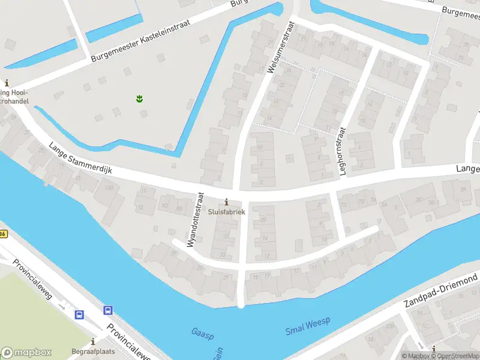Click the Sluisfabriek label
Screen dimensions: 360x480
click(x=226, y=212)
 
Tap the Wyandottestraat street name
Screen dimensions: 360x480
click(x=196, y=220)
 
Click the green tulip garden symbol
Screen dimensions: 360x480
click(x=139, y=97)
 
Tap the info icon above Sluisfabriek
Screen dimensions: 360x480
click(x=226, y=202)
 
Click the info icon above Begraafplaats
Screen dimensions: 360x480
click(x=92, y=341)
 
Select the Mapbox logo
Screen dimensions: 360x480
click(x=26, y=353)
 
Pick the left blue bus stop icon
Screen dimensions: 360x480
click(x=79, y=314)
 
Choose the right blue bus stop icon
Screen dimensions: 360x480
click(x=107, y=310)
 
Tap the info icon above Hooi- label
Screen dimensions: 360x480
click(x=7, y=83)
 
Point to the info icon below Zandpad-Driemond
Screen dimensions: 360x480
click(x=434, y=349)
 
